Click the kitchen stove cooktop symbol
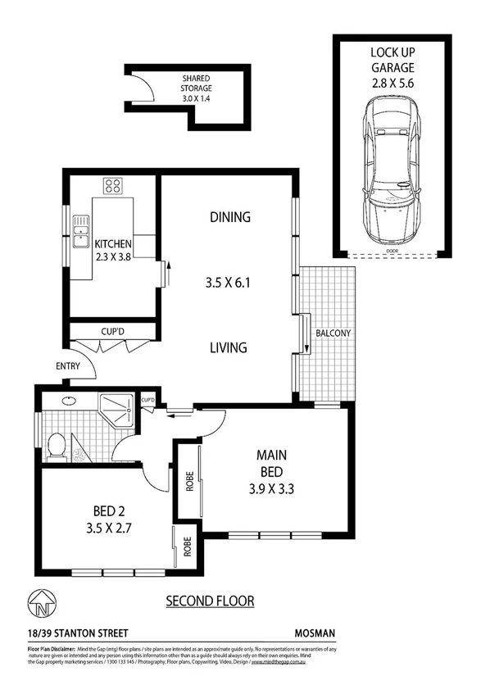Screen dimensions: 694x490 (112, 185)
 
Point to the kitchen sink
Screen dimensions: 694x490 (80, 231)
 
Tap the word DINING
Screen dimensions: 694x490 (229, 217)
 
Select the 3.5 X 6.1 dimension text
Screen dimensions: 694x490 (228, 284)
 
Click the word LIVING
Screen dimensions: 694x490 (228, 347)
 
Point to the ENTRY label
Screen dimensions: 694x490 (69, 365)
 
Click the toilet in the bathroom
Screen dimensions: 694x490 (57, 447)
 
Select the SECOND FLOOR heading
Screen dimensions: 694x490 (210, 601)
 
